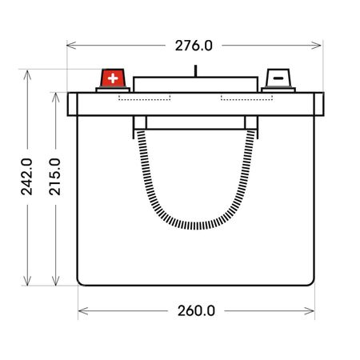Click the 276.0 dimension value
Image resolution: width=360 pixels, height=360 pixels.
coord(194,46)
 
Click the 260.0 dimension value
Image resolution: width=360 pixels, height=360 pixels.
coord(196,311)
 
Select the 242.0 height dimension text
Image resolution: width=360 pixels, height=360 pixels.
coord(26,177)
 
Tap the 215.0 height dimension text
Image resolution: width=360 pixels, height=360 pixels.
coord(55,177)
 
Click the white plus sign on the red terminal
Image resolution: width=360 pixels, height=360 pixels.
coord(113,78)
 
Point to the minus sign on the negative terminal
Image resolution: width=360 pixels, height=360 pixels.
coord(278,78)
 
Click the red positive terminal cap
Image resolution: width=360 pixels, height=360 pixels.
coord(113,78)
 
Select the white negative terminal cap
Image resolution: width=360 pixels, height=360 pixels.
coord(278,78)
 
